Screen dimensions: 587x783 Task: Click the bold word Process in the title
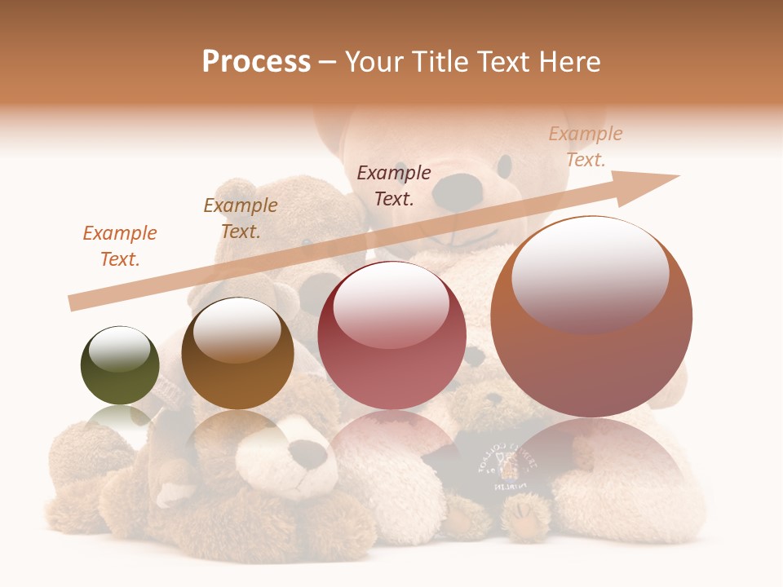256,62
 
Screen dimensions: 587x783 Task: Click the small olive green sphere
120,365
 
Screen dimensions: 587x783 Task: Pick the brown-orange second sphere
237,354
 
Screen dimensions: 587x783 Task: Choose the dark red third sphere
391,335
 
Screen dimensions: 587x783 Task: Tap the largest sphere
591,317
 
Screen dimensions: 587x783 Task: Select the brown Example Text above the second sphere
241,218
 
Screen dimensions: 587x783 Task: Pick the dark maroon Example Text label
394,186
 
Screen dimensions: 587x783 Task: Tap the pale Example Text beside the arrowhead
585,147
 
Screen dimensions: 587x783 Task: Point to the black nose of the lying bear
309,453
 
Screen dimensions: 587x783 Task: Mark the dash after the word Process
328,62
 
